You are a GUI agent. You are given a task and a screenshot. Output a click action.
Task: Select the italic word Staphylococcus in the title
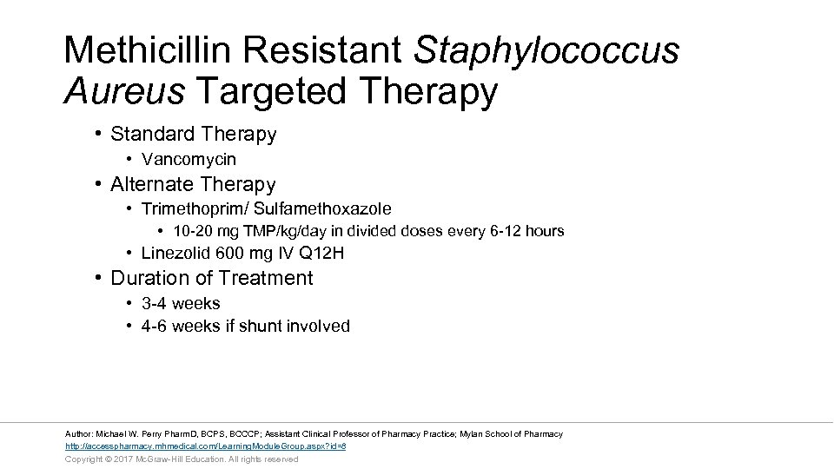(x=546, y=50)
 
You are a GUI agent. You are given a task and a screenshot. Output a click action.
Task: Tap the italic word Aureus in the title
(x=124, y=90)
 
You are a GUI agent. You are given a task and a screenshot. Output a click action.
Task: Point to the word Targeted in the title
(x=280, y=90)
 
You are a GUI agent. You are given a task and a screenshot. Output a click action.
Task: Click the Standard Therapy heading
(x=193, y=135)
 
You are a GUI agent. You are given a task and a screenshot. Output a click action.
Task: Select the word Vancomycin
(x=189, y=160)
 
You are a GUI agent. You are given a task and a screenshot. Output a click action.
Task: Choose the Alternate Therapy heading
(x=193, y=184)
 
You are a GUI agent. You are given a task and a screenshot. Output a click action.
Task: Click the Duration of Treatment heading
(x=211, y=278)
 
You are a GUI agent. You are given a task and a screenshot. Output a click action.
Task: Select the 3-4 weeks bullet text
(x=181, y=303)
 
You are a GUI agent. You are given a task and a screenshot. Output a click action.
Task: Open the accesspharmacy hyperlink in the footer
(x=206, y=446)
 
